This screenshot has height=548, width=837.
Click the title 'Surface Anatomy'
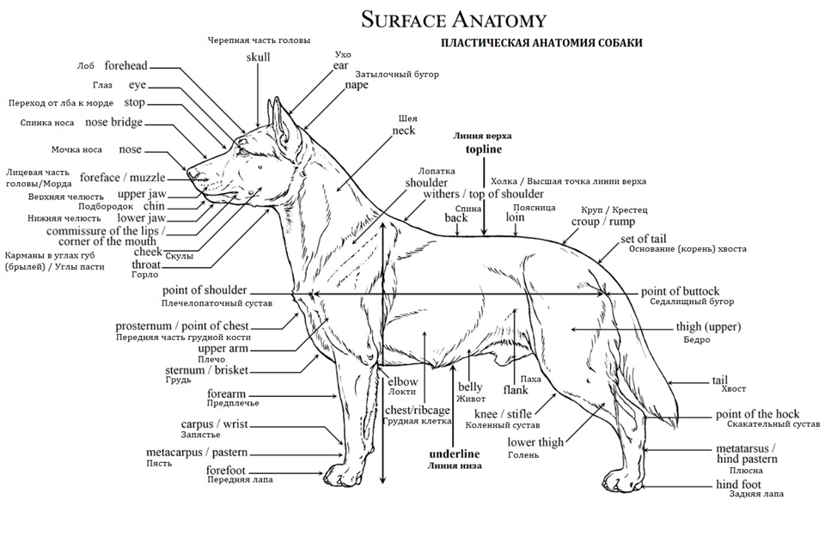[x=453, y=18]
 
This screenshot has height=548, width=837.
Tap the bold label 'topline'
[x=483, y=149]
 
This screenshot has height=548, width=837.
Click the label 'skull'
[x=258, y=57]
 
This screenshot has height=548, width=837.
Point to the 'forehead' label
[x=125, y=66]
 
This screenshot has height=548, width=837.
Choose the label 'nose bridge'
[x=114, y=123]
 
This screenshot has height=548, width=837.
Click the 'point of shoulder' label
[x=205, y=290]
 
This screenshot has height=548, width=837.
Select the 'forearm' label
[x=226, y=393]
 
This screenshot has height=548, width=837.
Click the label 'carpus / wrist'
[x=214, y=424]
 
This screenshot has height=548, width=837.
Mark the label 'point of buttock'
[x=680, y=291]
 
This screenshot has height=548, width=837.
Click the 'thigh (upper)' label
[x=708, y=327]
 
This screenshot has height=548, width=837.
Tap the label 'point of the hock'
[x=757, y=414]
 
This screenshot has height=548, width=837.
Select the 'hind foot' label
[x=738, y=484]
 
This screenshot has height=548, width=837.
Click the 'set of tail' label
[x=644, y=239]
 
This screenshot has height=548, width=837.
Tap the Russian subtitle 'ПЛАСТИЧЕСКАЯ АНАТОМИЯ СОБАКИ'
[x=541, y=43]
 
